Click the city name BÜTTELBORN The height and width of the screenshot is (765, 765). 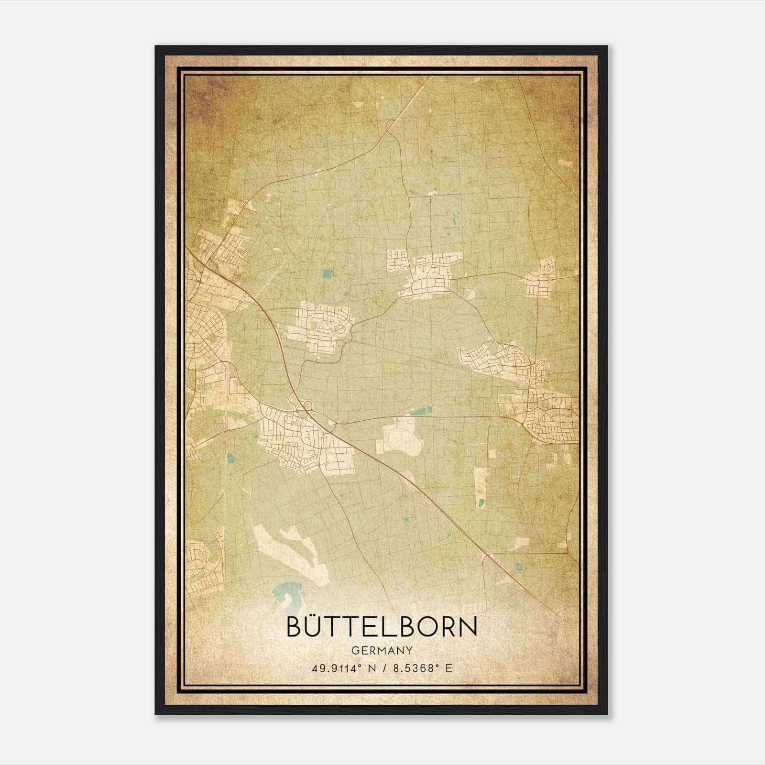(382, 626)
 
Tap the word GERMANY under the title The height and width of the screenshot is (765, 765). (382, 651)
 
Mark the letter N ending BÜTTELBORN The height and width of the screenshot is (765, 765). (467, 626)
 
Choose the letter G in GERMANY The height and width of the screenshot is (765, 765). (355, 651)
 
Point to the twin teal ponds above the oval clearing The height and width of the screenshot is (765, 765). (421, 410)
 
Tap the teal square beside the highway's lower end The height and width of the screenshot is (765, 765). (519, 567)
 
